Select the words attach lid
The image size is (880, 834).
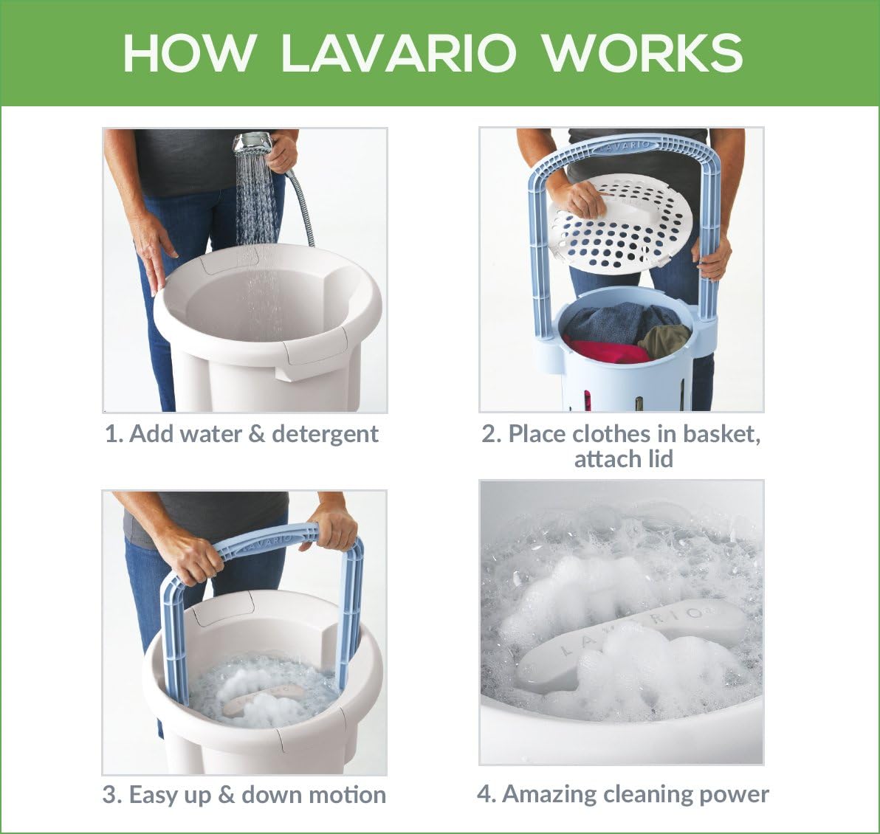pos(623,459)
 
